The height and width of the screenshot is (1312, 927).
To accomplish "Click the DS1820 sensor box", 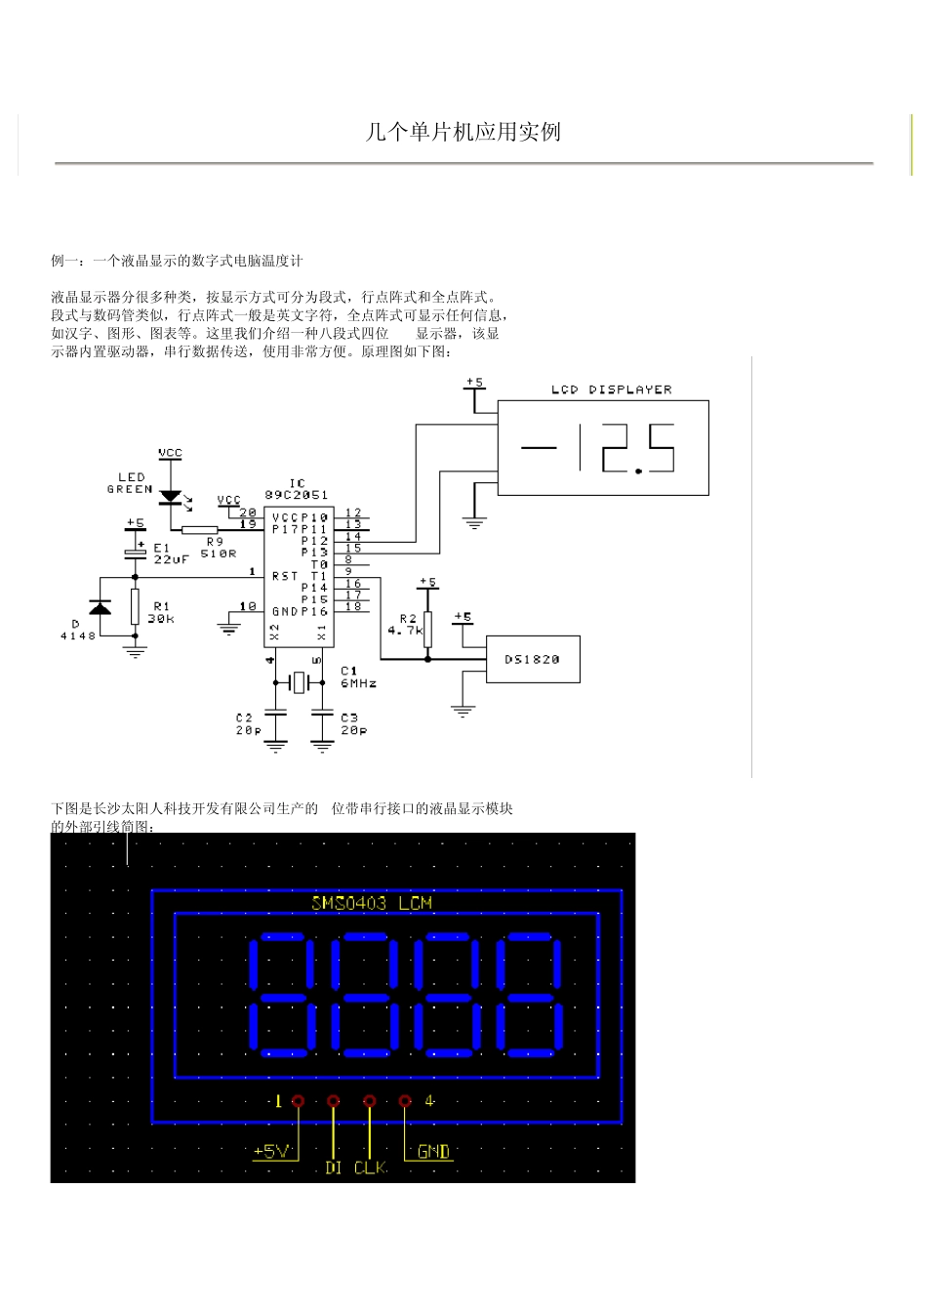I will click(x=532, y=659).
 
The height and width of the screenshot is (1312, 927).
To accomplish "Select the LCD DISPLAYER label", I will click(x=611, y=389).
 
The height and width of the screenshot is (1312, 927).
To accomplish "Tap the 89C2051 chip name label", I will click(x=296, y=495).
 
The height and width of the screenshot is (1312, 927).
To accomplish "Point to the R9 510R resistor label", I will click(x=218, y=548).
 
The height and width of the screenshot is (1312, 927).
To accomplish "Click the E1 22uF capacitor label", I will click(x=170, y=553).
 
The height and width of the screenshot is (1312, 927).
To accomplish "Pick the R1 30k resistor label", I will click(x=160, y=612).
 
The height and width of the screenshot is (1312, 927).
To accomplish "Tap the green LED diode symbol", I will click(x=172, y=497).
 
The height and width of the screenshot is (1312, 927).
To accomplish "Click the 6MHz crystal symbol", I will click(x=299, y=682).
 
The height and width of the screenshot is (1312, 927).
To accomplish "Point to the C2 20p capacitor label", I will click(x=248, y=724).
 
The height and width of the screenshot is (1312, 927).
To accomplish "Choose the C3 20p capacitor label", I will click(x=353, y=724).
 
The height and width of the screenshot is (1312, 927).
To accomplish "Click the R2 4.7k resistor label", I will click(x=408, y=625).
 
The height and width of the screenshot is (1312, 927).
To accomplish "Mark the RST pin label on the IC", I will click(x=285, y=576).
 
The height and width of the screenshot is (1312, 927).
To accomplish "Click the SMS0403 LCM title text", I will click(x=371, y=903).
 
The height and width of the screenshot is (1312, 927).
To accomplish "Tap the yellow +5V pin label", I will click(x=272, y=1152).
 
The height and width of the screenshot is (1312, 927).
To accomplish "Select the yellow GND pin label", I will click(x=433, y=1152).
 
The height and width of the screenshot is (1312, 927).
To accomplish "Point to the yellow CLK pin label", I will click(x=370, y=1168).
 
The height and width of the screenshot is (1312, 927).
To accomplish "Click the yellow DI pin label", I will click(x=334, y=1168).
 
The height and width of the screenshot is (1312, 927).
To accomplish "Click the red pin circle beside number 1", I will click(x=299, y=1101).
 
